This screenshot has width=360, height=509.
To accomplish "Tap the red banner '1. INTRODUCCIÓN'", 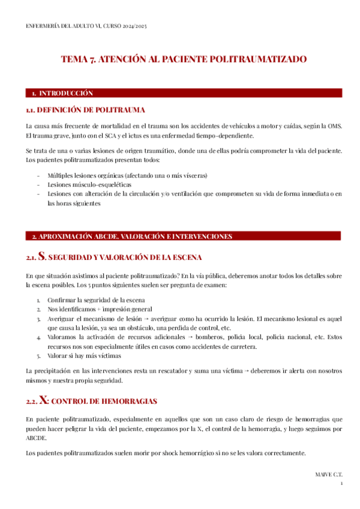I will pyautogui.click(x=62, y=93).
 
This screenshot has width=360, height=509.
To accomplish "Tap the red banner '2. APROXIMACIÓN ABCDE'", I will pyautogui.click(x=131, y=236).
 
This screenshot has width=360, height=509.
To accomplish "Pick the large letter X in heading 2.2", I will pyautogui.click(x=43, y=400).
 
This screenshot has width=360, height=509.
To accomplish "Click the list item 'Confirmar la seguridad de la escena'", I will pyautogui.click(x=96, y=300).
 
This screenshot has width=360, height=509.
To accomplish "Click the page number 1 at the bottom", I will pyautogui.click(x=341, y=483).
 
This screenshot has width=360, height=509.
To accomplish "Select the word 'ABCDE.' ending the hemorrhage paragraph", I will pyautogui.click(x=36, y=438).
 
